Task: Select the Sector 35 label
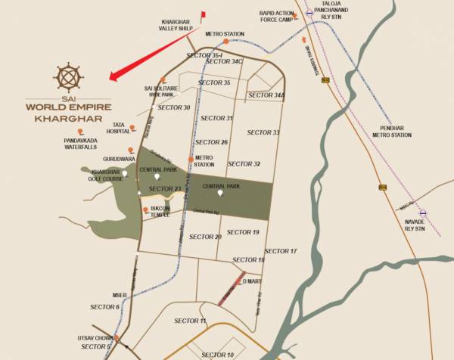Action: click(x=214, y=82)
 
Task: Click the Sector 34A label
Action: click(x=267, y=95)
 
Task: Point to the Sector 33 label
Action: click(x=263, y=133)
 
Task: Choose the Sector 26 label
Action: click(x=211, y=142)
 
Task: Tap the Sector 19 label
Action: click(x=243, y=232)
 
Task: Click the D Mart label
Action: click(x=252, y=281)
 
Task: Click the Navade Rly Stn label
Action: click(x=415, y=225)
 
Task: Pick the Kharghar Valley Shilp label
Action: click(x=178, y=24)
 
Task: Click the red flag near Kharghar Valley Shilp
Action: click(x=202, y=14)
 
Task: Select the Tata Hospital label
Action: click(x=117, y=128)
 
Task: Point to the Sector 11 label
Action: click(x=190, y=321)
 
